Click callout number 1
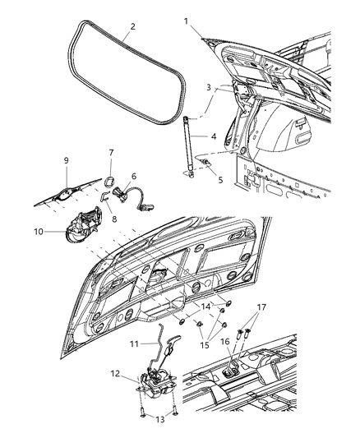[186, 20]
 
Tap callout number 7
[112, 154]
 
